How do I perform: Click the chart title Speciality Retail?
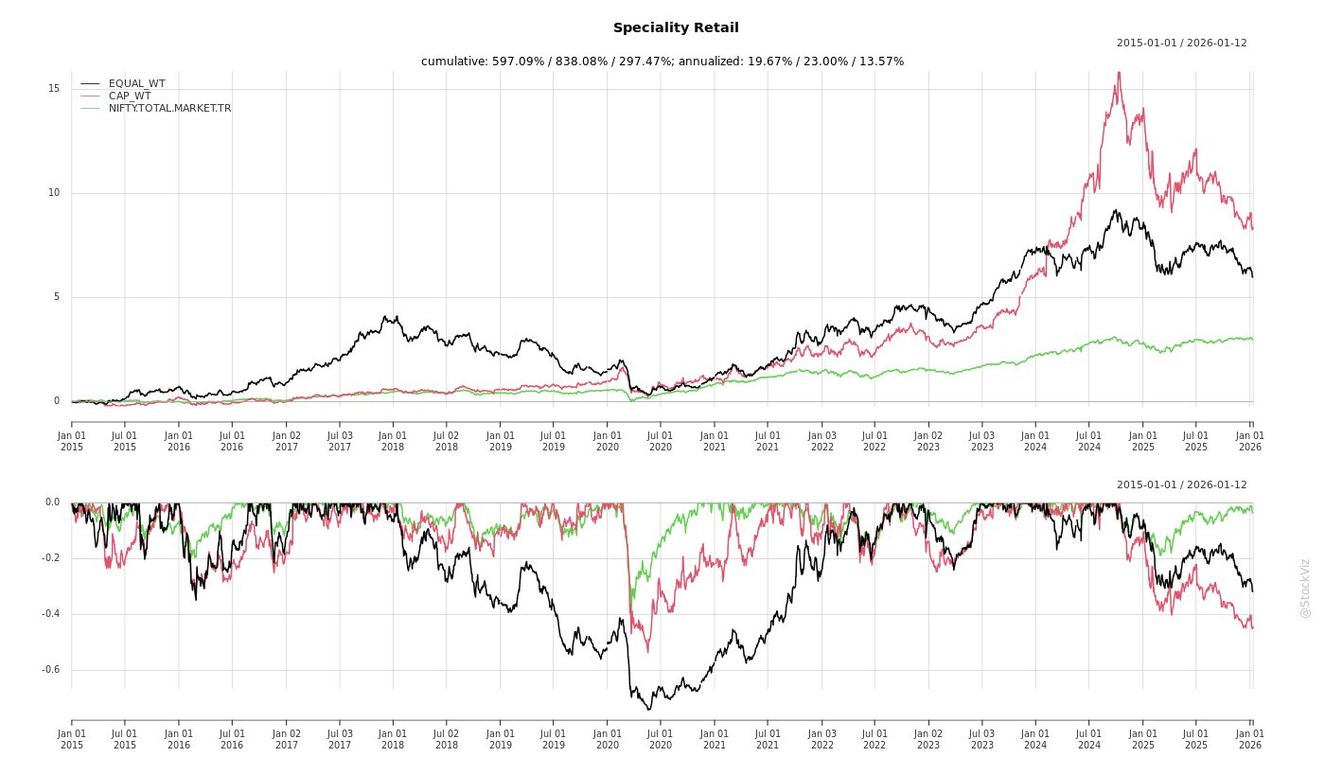click(676, 28)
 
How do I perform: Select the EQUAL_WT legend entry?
click(136, 83)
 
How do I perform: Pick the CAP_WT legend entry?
click(129, 96)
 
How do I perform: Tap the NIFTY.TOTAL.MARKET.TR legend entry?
click(169, 108)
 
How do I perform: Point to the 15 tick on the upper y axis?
click(54, 89)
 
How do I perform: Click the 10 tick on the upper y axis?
click(54, 193)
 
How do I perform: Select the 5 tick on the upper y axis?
click(55, 297)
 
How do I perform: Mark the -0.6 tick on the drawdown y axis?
click(50, 670)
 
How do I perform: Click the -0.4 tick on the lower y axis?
click(50, 614)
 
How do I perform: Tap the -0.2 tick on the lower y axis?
click(50, 558)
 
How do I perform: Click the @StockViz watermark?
click(1305, 588)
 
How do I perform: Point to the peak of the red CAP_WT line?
click(1119, 73)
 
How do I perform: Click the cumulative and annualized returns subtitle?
click(662, 62)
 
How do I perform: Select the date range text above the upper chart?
click(1181, 44)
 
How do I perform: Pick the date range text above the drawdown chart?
click(1181, 485)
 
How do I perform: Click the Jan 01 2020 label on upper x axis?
click(608, 441)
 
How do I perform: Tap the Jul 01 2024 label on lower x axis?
click(1089, 739)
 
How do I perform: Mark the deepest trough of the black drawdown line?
click(649, 709)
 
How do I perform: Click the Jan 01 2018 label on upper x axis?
click(393, 441)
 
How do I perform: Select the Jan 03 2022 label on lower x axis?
click(821, 739)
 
